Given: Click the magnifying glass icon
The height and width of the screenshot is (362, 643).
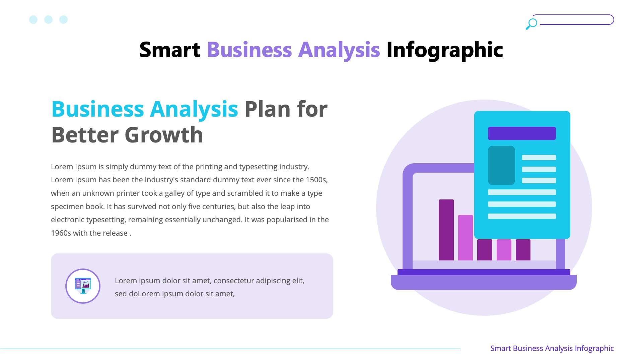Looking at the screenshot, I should pos(531,24).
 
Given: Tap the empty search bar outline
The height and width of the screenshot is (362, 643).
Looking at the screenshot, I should pos(576,19).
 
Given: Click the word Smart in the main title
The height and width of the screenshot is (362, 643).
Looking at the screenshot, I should pos(169,50).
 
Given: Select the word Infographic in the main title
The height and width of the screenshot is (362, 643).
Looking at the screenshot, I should pos(444,50).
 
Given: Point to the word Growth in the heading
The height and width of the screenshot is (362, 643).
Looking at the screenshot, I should pos(164,135).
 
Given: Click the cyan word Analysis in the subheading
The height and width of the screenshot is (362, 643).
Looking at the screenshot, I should pos(194,109).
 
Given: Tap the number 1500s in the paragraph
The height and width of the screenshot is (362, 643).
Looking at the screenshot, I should pos(316,180).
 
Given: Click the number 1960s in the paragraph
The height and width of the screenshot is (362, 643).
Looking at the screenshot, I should pos(61,233).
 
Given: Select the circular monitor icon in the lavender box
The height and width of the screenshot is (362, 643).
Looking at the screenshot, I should pos(83,286).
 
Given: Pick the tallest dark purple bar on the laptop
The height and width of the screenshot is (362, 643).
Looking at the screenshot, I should pos(446,230).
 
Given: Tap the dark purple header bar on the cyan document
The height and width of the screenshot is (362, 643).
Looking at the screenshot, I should pos(522,133).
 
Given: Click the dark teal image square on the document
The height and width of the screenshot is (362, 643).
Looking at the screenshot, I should pos(501,165).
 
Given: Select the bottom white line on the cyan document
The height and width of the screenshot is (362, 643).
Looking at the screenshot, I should pos(522,216).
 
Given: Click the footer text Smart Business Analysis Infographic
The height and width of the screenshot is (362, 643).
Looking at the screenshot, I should pos(552,348).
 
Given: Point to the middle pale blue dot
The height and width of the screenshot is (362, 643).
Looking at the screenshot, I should pos(48,19).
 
